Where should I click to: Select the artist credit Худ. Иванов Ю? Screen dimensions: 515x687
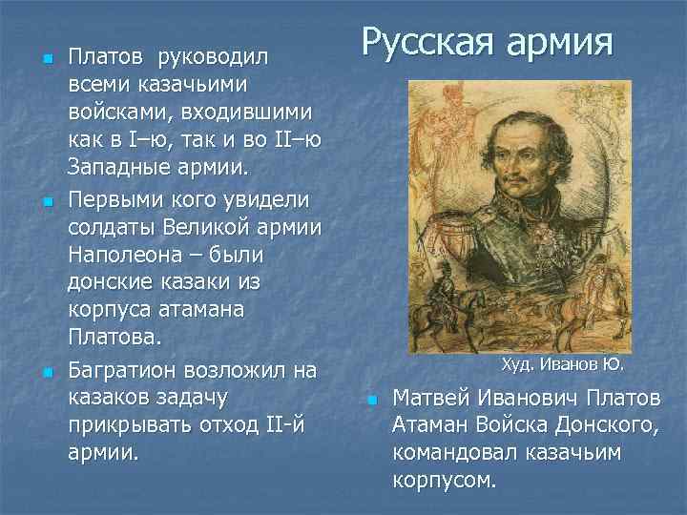[x=562, y=364]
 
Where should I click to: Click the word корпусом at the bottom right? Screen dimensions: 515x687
[x=445, y=480]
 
